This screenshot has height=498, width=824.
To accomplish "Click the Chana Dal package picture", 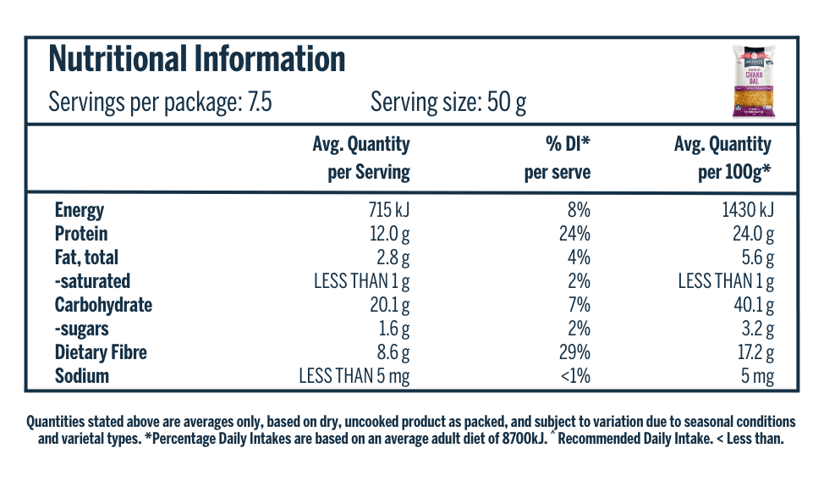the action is pos(754,81).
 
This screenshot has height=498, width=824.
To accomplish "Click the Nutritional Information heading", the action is pos(197,58).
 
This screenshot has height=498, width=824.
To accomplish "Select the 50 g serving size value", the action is pos(507,102).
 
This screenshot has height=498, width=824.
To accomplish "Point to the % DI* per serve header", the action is pos(558,158).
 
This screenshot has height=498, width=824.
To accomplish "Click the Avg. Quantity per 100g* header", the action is pos(723,158).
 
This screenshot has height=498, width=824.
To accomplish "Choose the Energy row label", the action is pos(80,210).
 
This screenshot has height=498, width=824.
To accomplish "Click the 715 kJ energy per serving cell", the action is pos(389,210).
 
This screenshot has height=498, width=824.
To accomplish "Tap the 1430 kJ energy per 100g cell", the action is pos(748,210).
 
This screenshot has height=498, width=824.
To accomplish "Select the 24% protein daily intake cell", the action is pos(575,234).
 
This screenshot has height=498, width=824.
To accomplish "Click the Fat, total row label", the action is pos(86,257).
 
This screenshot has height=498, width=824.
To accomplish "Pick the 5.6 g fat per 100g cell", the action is pos(758,257).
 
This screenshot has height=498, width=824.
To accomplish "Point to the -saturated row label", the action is pos(92,281).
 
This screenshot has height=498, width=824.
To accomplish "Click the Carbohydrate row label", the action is pos(103,305).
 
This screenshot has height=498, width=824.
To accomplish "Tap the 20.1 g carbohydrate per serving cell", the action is pos(389,305).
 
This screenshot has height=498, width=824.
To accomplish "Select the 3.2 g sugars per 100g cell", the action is pos(758,329).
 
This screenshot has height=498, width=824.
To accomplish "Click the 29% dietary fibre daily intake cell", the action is pos(575,352).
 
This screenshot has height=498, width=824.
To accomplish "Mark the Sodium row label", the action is pos(82,376).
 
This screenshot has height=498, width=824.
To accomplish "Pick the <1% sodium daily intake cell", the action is pos(575,376).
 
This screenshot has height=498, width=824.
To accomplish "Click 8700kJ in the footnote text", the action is pos(525,439).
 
